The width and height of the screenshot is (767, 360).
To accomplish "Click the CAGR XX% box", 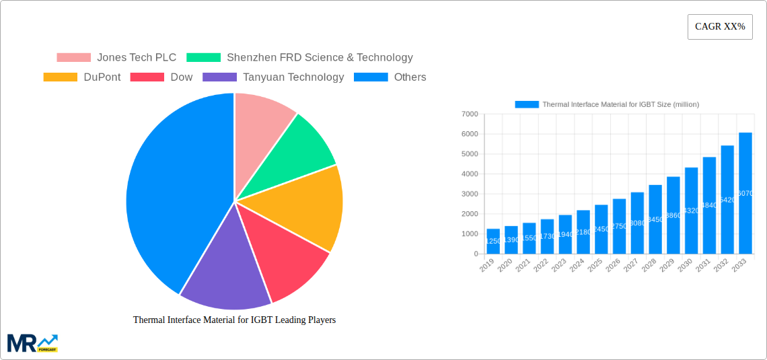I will tap(719, 27).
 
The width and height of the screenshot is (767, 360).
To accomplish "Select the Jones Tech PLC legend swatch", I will tap(73, 58).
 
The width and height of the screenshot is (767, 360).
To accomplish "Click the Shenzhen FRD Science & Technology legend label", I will tap(320, 58).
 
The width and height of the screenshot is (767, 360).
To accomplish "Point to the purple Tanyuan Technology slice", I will tap(225, 273).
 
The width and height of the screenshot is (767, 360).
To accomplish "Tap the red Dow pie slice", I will tap(286, 259).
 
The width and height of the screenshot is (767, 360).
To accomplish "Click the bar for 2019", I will tap(493, 242).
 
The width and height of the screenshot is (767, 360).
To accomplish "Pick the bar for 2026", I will tap(619, 226).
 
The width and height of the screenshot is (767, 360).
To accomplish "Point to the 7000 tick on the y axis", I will tap(470, 114).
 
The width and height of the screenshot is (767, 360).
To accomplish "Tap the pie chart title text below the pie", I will tap(234, 320).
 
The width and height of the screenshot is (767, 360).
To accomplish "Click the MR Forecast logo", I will tap(32, 343).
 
